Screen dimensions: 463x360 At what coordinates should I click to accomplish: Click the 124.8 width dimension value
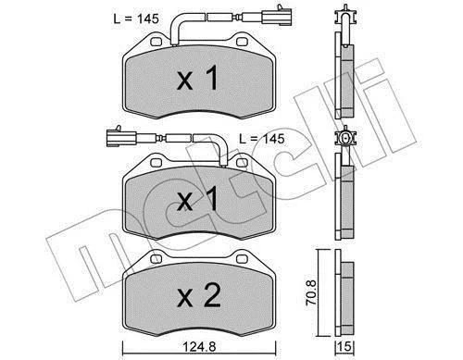pyautogui.click(x=200, y=347)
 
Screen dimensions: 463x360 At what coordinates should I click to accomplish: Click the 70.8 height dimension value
pyautogui.click(x=311, y=292)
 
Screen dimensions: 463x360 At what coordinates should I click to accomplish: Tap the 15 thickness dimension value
pyautogui.click(x=344, y=347)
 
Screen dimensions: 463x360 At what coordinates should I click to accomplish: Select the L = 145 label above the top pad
pyautogui.click(x=136, y=19)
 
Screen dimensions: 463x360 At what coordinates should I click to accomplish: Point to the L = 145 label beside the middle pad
pyautogui.click(x=262, y=139)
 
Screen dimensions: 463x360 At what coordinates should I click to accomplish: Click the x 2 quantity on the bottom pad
pyautogui.click(x=199, y=295)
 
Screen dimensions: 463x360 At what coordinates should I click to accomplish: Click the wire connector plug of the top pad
pyautogui.click(x=276, y=16)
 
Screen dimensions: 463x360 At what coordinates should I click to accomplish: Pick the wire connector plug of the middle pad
pyautogui.click(x=121, y=137)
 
